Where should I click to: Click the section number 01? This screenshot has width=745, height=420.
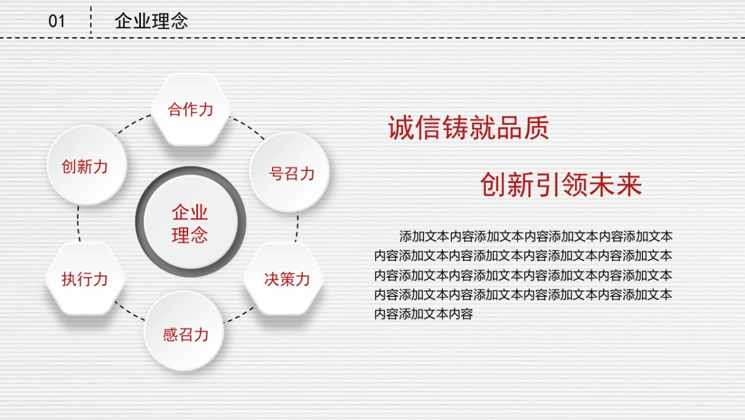[56, 21]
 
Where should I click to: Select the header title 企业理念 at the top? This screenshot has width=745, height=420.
[151, 21]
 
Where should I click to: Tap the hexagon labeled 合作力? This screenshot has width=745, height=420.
[191, 109]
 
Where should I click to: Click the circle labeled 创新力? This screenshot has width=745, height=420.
[87, 165]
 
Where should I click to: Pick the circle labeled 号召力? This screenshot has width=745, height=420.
[290, 172]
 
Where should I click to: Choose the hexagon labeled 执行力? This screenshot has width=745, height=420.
[85, 278]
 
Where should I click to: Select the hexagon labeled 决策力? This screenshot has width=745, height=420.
[284, 278]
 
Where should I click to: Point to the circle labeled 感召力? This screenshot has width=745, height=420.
[184, 331]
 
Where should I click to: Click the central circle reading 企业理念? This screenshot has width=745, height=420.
[191, 222]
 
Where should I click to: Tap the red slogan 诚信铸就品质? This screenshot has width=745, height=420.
[469, 127]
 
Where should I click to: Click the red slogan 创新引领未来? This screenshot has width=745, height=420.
[561, 185]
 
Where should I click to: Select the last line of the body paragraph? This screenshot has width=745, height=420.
[423, 314]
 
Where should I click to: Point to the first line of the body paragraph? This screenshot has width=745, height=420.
[536, 237]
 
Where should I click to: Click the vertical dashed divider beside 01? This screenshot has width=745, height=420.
[91, 20]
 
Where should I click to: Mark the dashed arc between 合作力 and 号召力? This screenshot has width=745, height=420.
[248, 127]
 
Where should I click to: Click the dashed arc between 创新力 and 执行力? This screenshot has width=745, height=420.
[78, 224]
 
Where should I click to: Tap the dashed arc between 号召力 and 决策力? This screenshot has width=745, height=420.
[297, 227]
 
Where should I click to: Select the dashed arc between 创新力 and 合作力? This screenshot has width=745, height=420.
[132, 124]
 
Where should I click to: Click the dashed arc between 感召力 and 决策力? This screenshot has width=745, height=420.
[240, 315]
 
